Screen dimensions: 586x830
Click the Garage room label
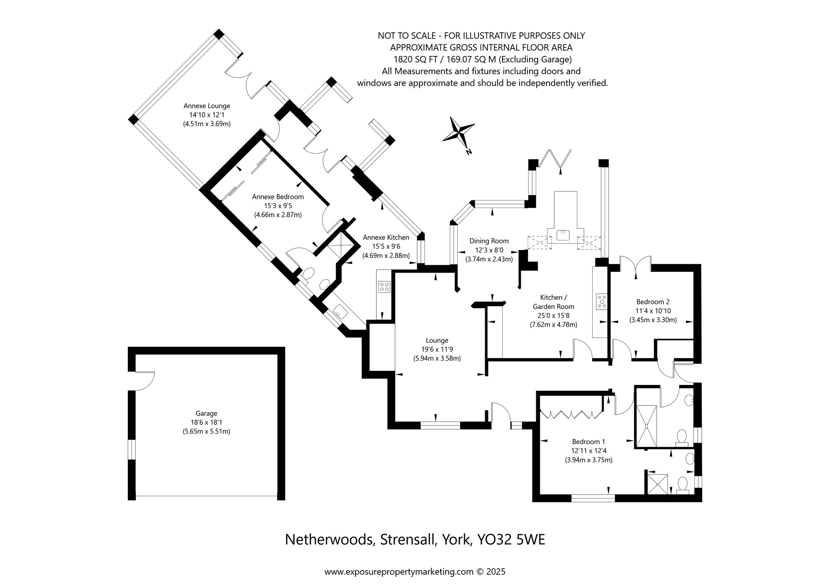click(x=206, y=413)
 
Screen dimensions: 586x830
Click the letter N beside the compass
click(x=469, y=152)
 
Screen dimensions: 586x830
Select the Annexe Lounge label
click(x=207, y=106)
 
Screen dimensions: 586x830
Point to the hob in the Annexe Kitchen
click(x=384, y=286)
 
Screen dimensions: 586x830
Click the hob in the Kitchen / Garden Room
click(x=601, y=301)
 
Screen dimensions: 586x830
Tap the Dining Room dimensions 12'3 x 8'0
click(x=489, y=250)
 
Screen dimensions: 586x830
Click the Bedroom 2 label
click(x=653, y=302)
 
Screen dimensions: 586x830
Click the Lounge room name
click(x=437, y=340)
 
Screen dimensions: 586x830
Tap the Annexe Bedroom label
click(x=278, y=197)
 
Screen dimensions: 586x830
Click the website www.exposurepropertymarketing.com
click(x=398, y=572)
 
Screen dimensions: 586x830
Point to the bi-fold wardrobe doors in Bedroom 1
click(x=571, y=414)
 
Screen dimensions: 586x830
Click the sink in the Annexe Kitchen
click(x=340, y=310)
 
